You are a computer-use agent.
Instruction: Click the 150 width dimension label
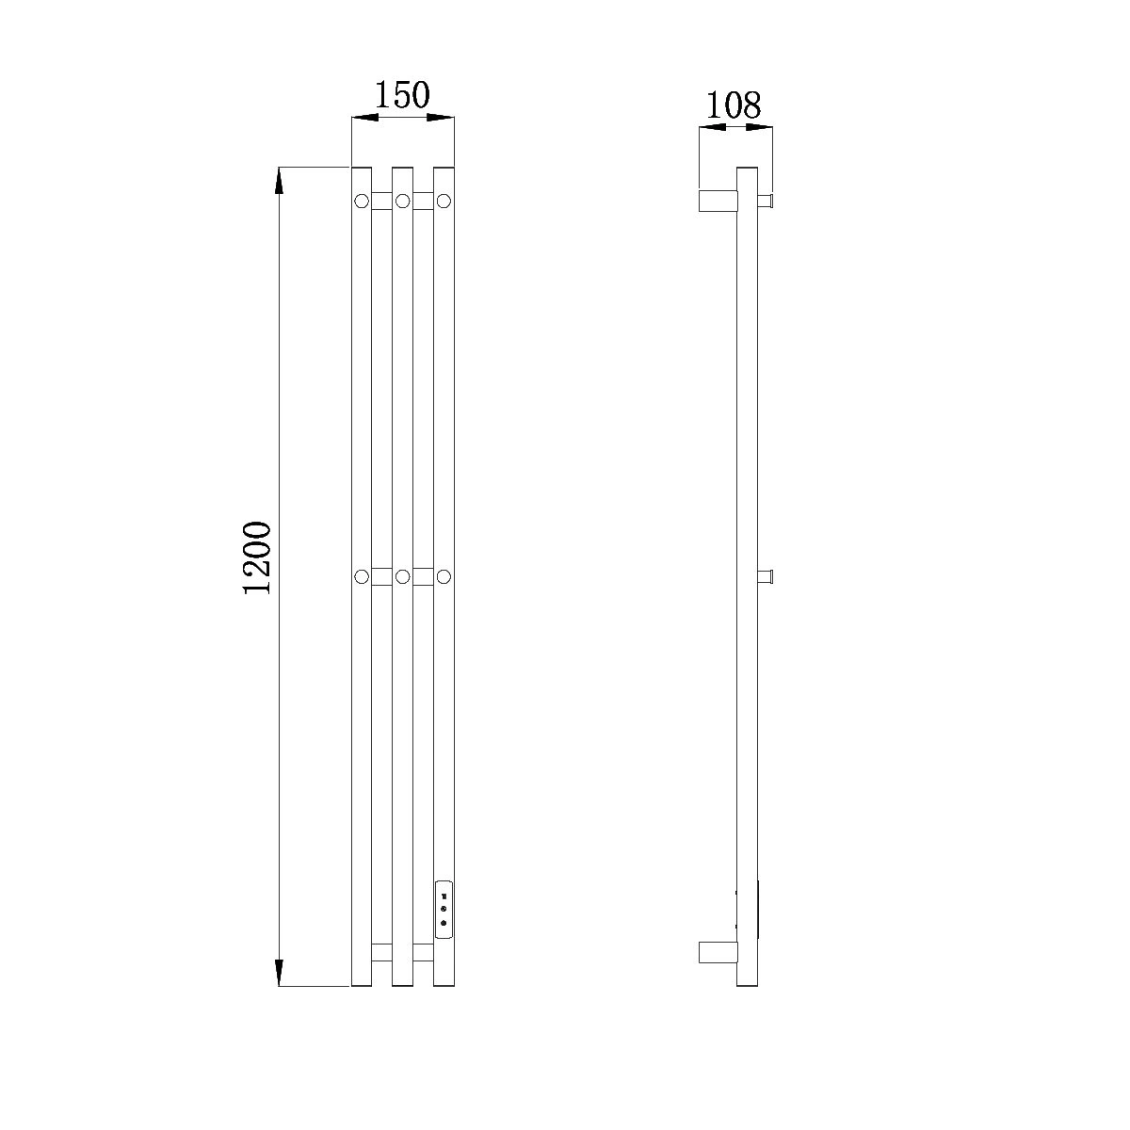click(x=402, y=95)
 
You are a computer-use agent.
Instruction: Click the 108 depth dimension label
click(x=733, y=105)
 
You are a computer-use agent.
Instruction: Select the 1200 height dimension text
click(x=257, y=557)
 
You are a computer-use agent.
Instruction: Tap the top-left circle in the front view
click(x=362, y=202)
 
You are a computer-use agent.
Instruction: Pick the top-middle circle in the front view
click(x=402, y=202)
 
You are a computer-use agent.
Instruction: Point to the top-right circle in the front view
click(x=444, y=202)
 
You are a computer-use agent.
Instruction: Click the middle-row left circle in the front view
click(x=362, y=577)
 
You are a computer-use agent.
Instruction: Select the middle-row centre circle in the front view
click(x=402, y=577)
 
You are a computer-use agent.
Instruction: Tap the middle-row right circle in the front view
click(x=444, y=577)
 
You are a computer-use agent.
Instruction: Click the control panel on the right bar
click(x=444, y=919)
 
